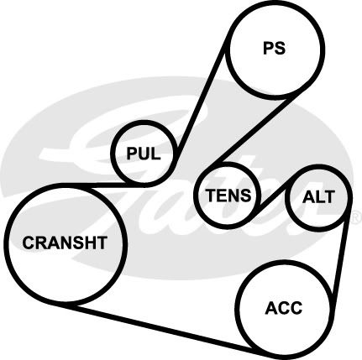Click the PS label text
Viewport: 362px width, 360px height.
274,48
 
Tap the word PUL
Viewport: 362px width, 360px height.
144,154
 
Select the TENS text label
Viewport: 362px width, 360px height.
228,196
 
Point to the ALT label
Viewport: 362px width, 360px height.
318,197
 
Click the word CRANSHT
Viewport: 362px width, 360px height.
65,243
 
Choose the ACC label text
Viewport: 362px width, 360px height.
284,308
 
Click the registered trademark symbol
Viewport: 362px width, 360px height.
356,217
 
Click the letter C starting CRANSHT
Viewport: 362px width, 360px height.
29,243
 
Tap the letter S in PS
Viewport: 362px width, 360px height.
280,48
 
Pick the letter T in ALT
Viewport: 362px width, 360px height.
329,197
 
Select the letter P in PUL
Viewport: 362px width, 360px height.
132,154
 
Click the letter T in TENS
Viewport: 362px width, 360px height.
211,196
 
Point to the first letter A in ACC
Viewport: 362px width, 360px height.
270,308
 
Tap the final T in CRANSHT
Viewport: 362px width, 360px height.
102,243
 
